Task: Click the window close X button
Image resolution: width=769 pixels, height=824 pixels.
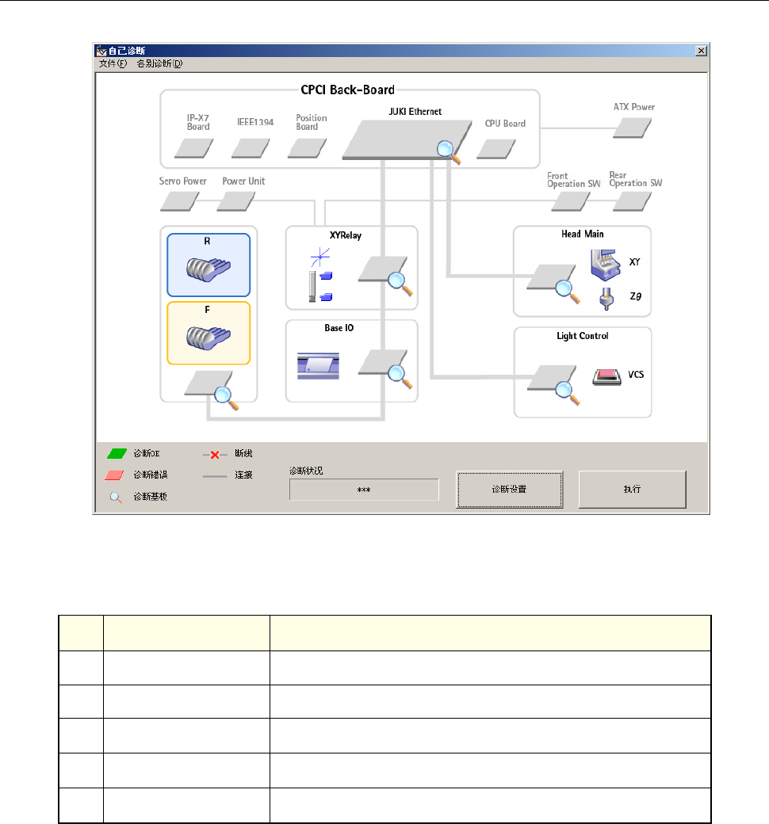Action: click(701, 51)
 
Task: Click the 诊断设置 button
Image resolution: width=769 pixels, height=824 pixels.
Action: click(509, 489)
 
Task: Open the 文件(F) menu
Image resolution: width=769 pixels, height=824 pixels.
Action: click(112, 63)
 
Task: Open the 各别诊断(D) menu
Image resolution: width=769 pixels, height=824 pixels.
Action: click(159, 63)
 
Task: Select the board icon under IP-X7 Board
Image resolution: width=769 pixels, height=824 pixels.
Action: click(193, 147)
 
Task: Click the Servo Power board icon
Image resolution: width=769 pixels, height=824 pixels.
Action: click(180, 201)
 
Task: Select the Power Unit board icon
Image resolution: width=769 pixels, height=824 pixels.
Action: click(235, 201)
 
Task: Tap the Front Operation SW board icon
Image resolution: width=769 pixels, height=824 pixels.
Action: click(571, 201)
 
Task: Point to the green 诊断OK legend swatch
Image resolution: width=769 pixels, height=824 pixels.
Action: click(117, 454)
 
